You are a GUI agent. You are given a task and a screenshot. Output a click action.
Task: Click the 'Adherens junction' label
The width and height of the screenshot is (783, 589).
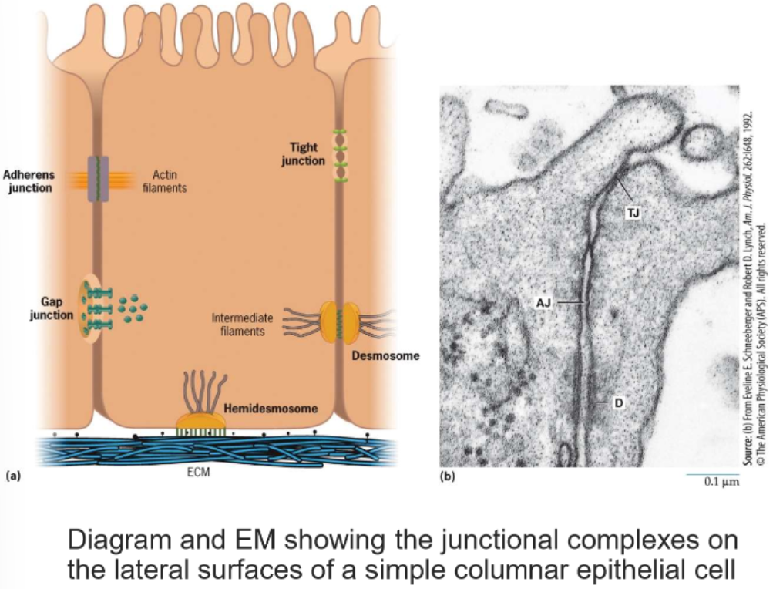point(29,181)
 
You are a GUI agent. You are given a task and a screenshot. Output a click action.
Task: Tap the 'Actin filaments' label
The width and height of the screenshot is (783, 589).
point(164,181)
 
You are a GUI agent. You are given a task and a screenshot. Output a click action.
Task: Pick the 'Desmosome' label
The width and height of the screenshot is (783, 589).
point(385,356)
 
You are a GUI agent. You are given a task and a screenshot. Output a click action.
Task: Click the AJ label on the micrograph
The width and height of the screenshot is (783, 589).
point(543,302)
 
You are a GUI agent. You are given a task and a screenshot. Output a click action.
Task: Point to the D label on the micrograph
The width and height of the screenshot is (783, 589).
point(617,403)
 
